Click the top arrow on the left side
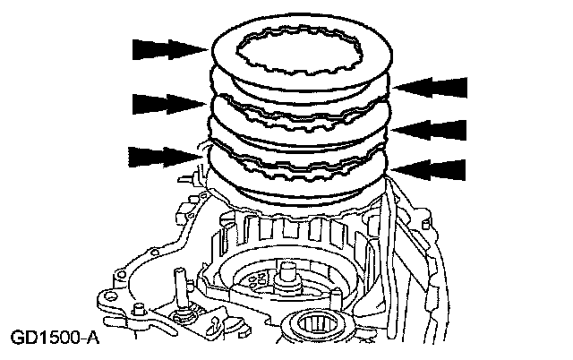[x=167, y=48]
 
